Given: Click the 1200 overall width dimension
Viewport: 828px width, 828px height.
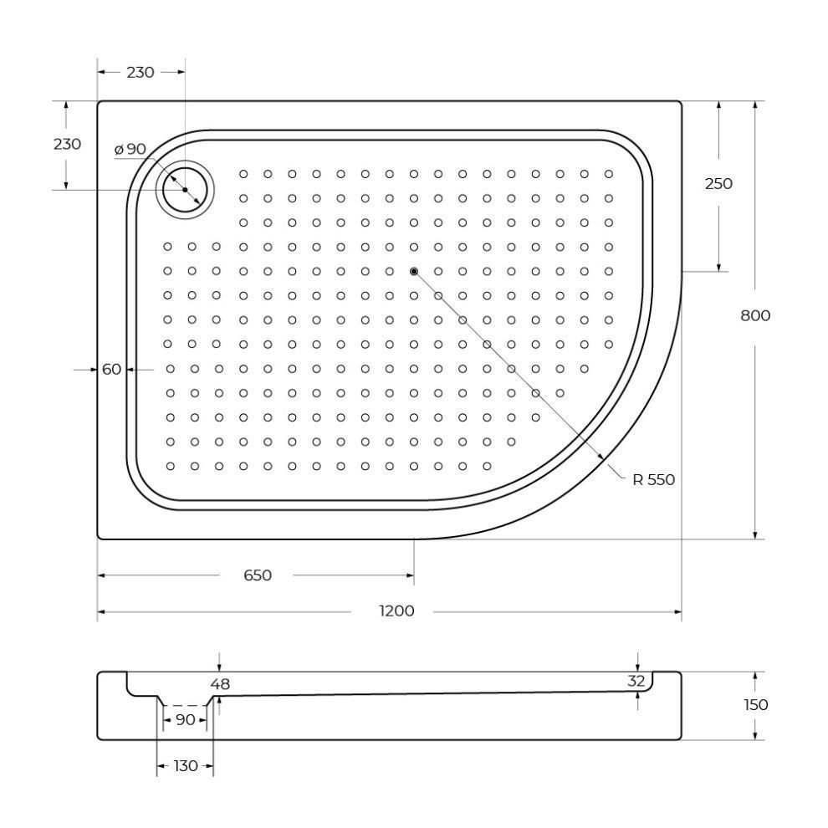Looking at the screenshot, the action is pos(396,611).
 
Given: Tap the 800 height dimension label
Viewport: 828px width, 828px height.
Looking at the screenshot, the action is pos(755,316).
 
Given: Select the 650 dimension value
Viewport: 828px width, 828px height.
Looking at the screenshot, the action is pos(258,575).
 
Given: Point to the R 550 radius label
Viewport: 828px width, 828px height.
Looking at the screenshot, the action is pos(654,479).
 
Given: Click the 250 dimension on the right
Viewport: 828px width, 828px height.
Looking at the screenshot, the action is pos(718,184).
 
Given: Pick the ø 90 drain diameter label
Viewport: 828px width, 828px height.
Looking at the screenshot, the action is pos(130,150).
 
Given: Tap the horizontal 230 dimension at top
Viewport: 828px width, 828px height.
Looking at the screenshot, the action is pos(141,72).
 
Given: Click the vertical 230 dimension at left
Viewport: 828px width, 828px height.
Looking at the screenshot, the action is pos(67,144).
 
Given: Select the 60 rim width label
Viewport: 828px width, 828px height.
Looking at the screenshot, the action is pos(111,369).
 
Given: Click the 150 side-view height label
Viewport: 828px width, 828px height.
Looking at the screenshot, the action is pos(755,704).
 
